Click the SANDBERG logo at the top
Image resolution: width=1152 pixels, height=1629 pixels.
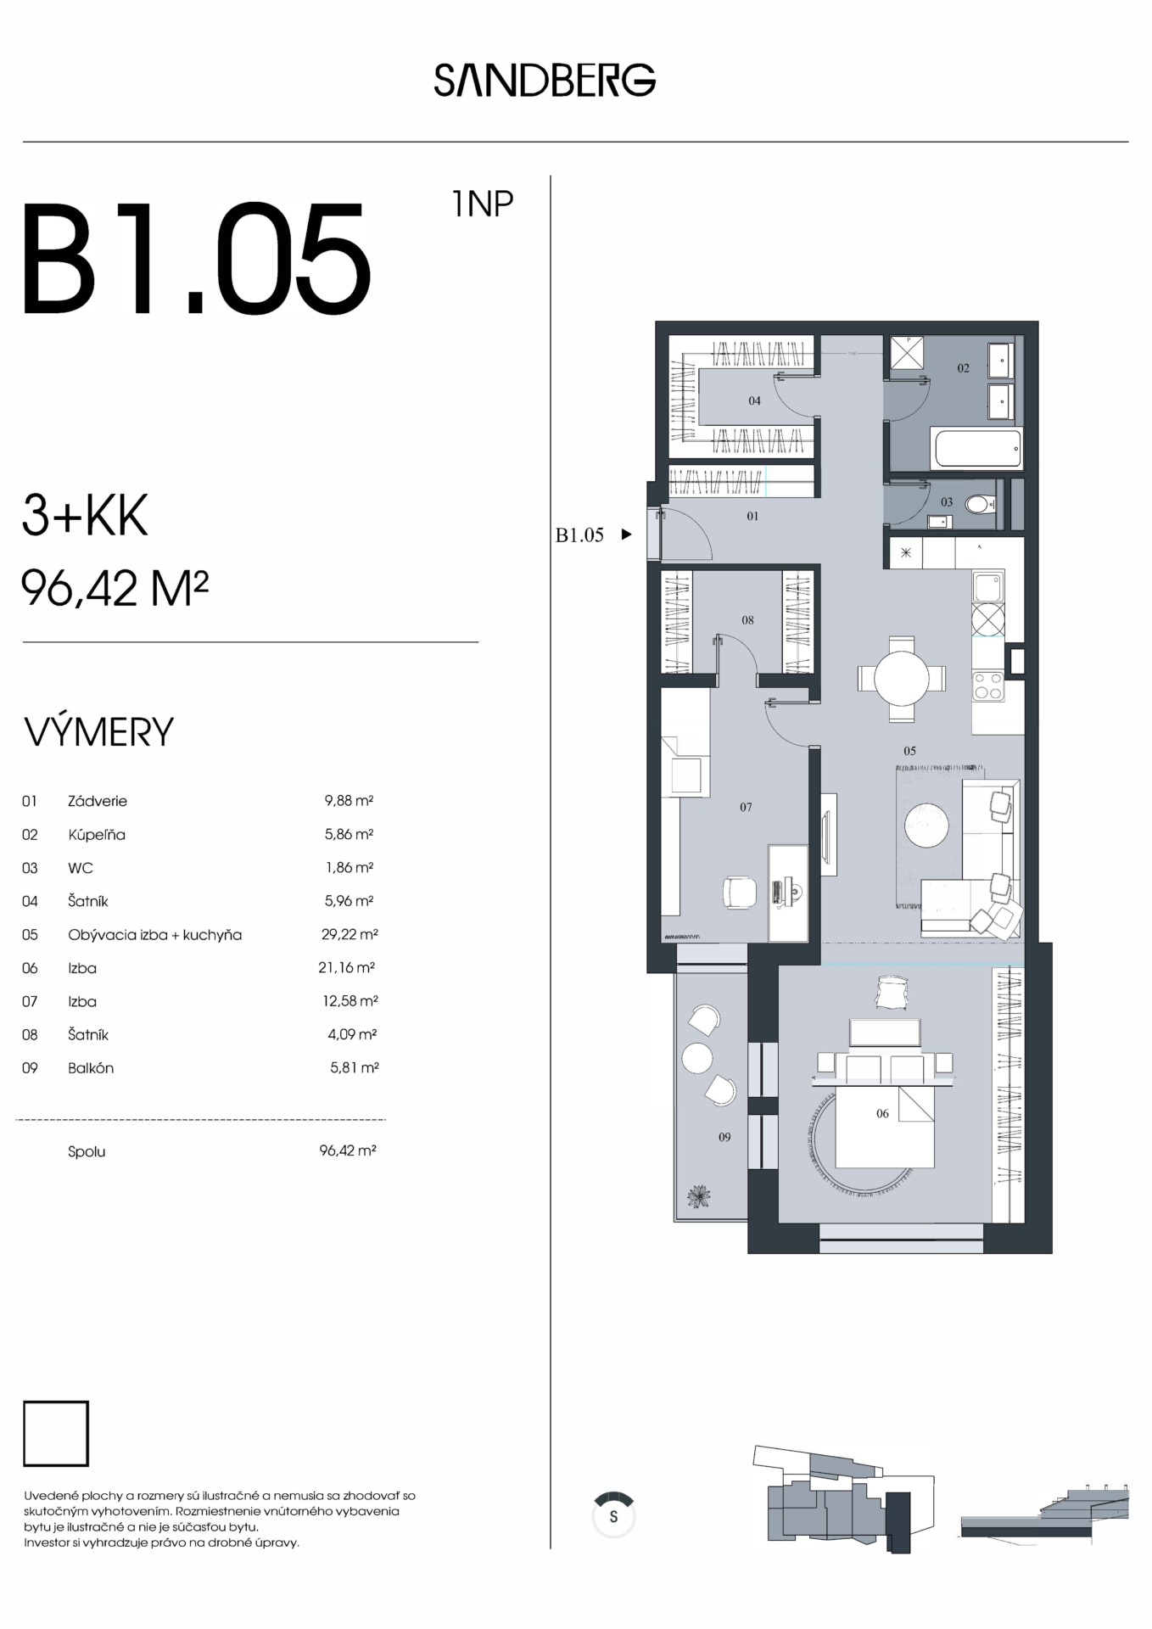(x=545, y=80)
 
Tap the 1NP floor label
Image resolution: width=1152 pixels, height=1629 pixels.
(x=483, y=204)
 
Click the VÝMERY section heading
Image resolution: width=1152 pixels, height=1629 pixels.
(x=99, y=732)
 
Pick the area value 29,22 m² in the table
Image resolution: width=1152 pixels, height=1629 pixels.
(x=350, y=934)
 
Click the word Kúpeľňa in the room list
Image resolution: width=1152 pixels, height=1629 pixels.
(x=97, y=834)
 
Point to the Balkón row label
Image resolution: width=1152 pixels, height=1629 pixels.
(x=91, y=1068)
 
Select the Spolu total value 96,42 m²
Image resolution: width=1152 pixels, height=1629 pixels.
(x=348, y=1150)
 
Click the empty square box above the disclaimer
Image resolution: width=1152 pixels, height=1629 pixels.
(x=56, y=1434)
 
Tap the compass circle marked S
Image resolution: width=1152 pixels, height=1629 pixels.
(x=613, y=1516)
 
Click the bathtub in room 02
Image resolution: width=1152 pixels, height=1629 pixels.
(x=978, y=448)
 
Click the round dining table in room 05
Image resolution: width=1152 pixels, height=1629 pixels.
(x=902, y=679)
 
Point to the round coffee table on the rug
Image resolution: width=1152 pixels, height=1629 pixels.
(x=926, y=824)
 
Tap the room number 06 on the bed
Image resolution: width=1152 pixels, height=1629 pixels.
(x=882, y=1113)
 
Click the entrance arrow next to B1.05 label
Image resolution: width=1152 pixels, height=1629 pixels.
(x=626, y=535)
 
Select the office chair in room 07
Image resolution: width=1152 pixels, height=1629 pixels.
(x=739, y=892)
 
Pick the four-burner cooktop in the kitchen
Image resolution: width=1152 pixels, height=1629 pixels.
(x=988, y=686)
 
